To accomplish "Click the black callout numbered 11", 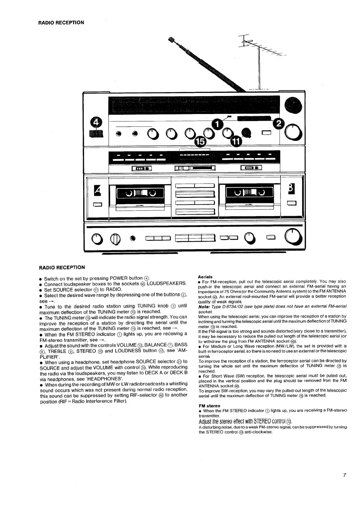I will pyautogui.click(x=236, y=141).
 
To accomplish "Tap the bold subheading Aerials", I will pyautogui.click(x=205, y=277).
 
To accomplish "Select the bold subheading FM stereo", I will pyautogui.click(x=209, y=406).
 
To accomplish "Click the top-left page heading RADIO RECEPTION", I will pyautogui.click(x=61, y=22).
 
